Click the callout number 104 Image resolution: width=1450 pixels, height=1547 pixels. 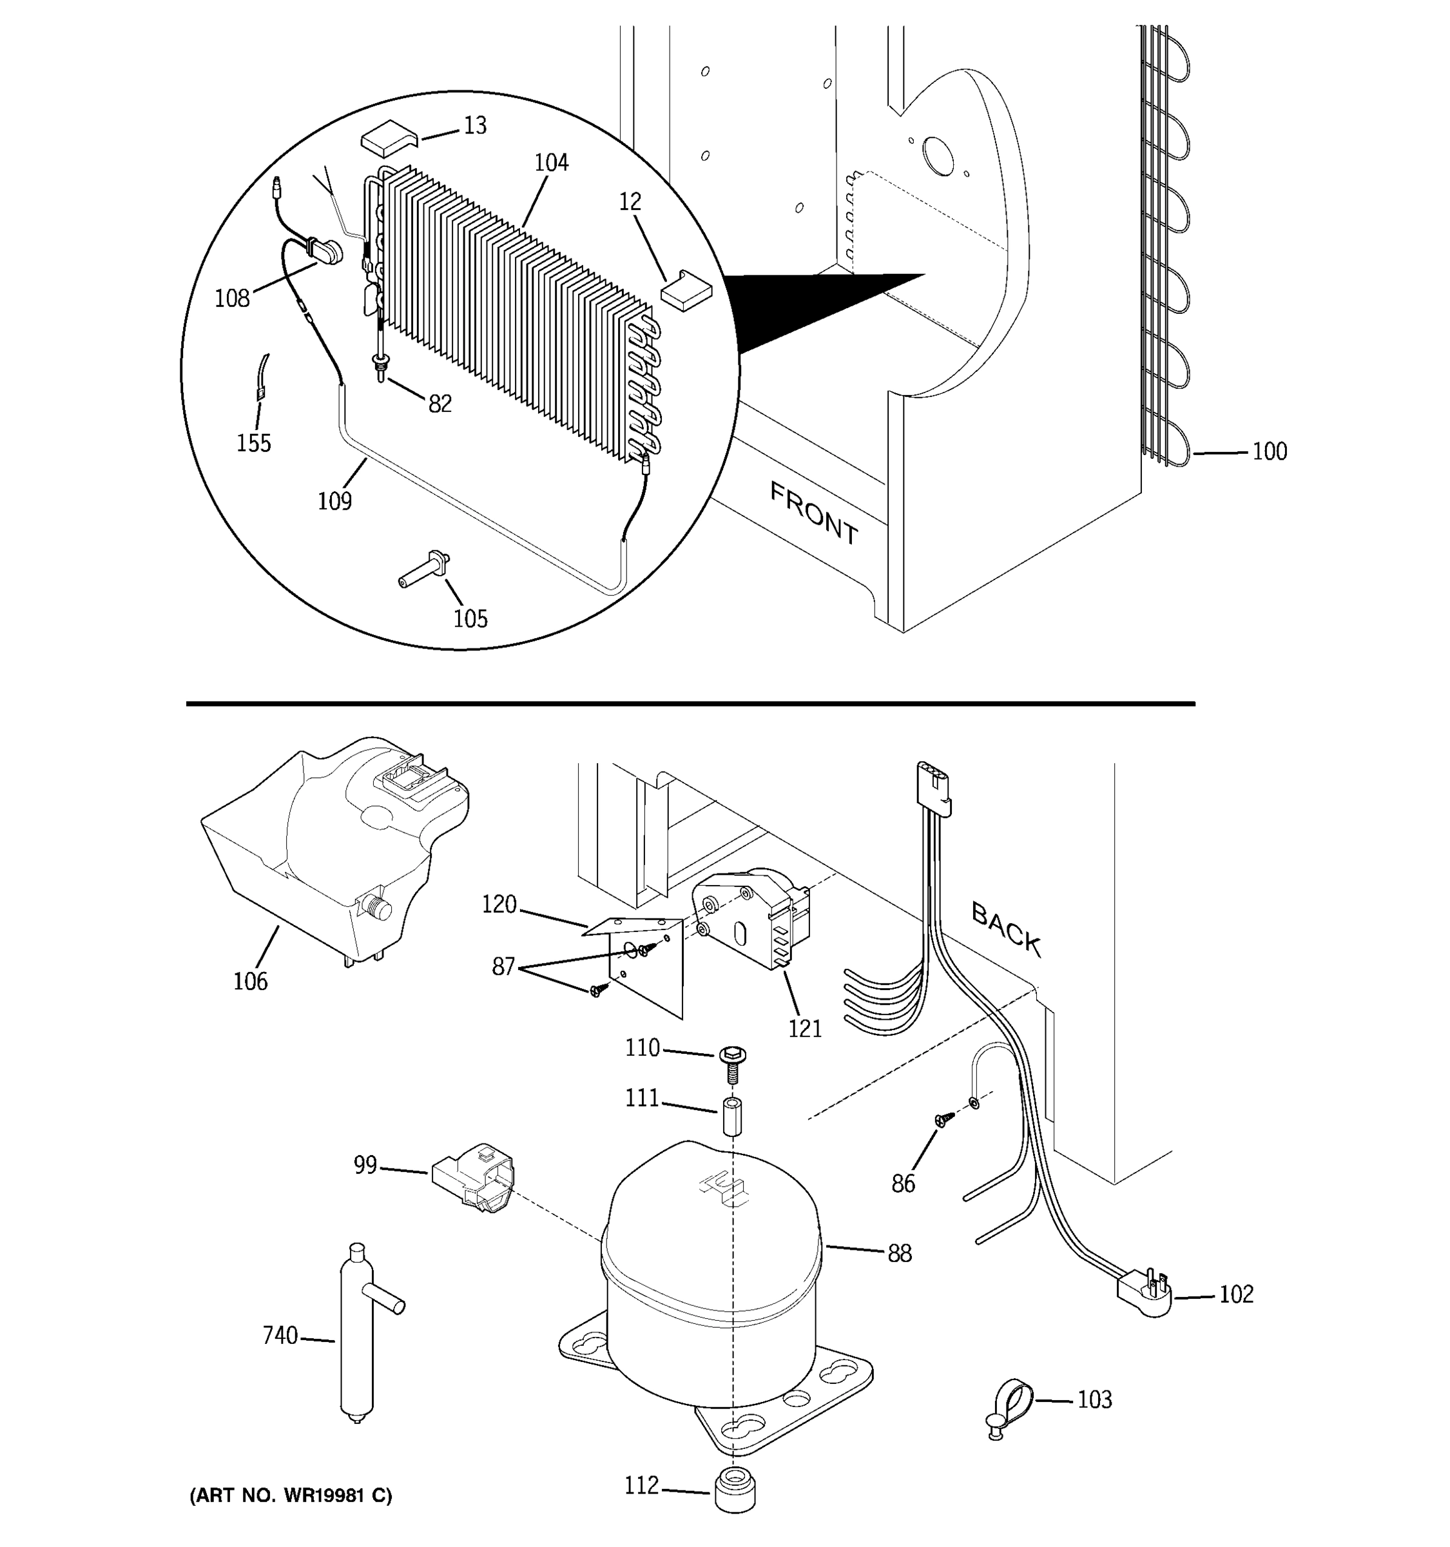point(551,162)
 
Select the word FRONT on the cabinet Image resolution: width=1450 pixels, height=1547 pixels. point(814,514)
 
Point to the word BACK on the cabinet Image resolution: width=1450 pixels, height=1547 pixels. point(1006,927)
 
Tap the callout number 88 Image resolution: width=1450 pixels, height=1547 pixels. point(899,1254)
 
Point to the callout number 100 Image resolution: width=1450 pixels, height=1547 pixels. point(1269,451)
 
